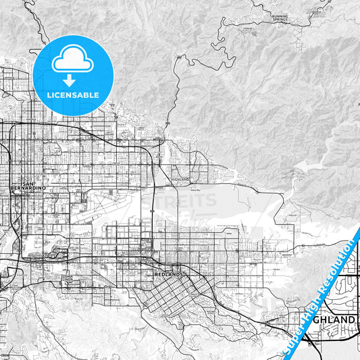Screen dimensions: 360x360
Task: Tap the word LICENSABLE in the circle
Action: (73, 95)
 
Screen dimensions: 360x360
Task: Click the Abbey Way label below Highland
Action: (178, 191)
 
